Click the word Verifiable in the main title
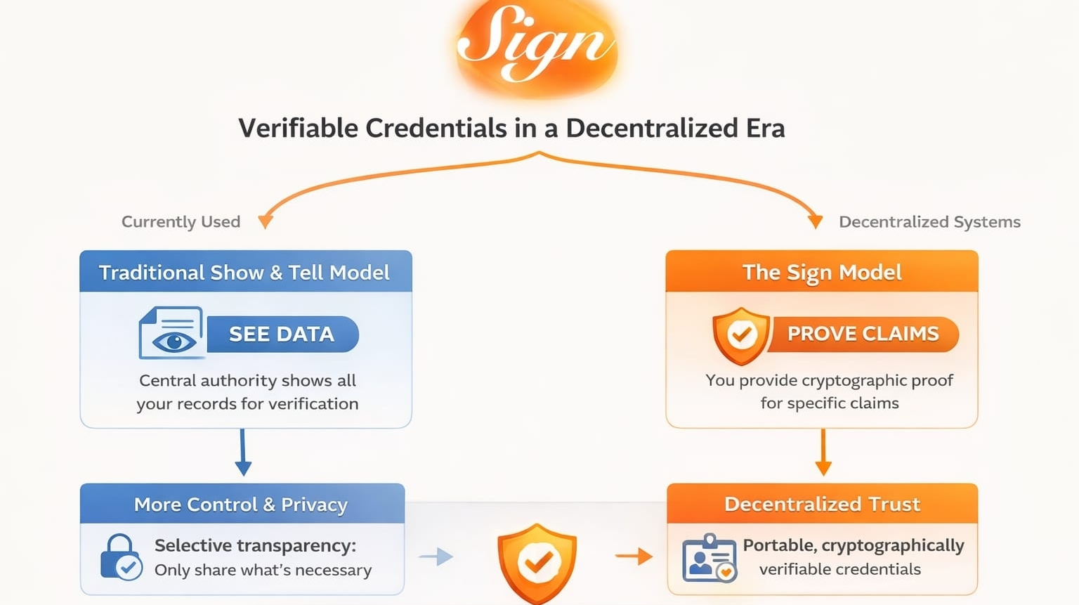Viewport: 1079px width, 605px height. tap(298, 129)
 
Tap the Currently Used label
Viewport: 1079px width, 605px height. tap(181, 222)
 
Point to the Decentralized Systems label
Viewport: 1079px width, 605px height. tap(929, 222)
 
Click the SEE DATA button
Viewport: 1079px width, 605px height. tap(283, 334)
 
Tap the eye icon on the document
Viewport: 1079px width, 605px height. tap(174, 342)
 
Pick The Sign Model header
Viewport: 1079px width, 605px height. tap(822, 271)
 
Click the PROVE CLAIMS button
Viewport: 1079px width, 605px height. tap(863, 334)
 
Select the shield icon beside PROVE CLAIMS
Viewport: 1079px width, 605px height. tap(741, 335)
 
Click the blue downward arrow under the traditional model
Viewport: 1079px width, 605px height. tap(243, 453)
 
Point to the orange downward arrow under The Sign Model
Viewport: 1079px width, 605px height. tap(823, 453)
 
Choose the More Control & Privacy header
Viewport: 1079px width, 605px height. tap(242, 504)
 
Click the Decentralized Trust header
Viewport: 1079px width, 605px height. tap(823, 504)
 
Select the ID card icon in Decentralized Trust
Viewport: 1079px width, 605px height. tap(709, 558)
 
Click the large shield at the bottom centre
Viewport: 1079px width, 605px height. tap(537, 564)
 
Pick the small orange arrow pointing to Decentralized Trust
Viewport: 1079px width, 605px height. tap(634, 557)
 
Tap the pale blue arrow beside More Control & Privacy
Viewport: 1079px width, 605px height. tap(436, 557)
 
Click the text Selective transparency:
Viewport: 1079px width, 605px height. tap(255, 546)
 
